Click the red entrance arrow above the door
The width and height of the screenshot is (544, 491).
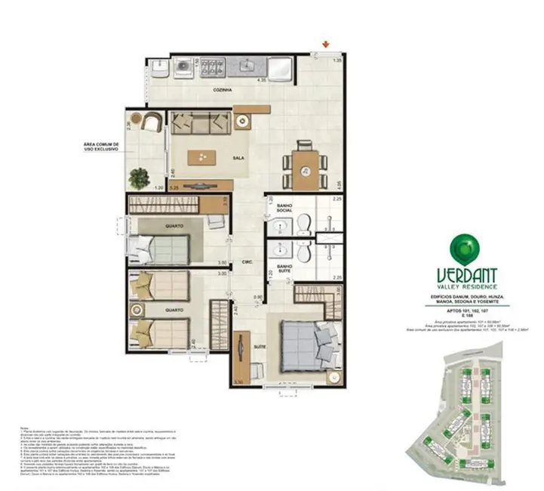(x=326, y=45)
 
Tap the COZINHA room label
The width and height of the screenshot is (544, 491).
(x=221, y=89)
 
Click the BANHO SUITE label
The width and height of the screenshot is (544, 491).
(x=284, y=269)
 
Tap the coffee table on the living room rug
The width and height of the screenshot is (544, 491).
(x=202, y=156)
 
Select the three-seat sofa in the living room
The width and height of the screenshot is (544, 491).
(x=199, y=122)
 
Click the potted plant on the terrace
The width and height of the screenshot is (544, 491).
(x=139, y=178)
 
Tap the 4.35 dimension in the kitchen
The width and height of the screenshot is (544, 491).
(x=262, y=79)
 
